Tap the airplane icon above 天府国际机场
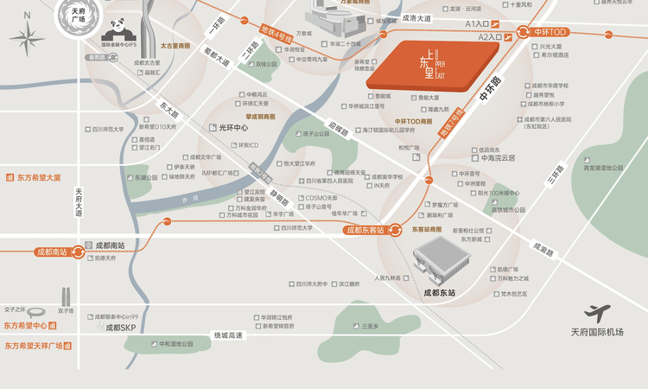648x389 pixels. tap(597, 314)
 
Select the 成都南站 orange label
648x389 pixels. tap(55, 252)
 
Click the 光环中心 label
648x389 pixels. tap(232, 127)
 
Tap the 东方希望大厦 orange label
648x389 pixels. tap(39, 178)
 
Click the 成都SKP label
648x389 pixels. tap(122, 328)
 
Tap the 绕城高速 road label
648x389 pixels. tap(229, 335)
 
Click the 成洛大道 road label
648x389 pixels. tap(423, 17)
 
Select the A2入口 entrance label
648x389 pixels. tap(489, 39)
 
